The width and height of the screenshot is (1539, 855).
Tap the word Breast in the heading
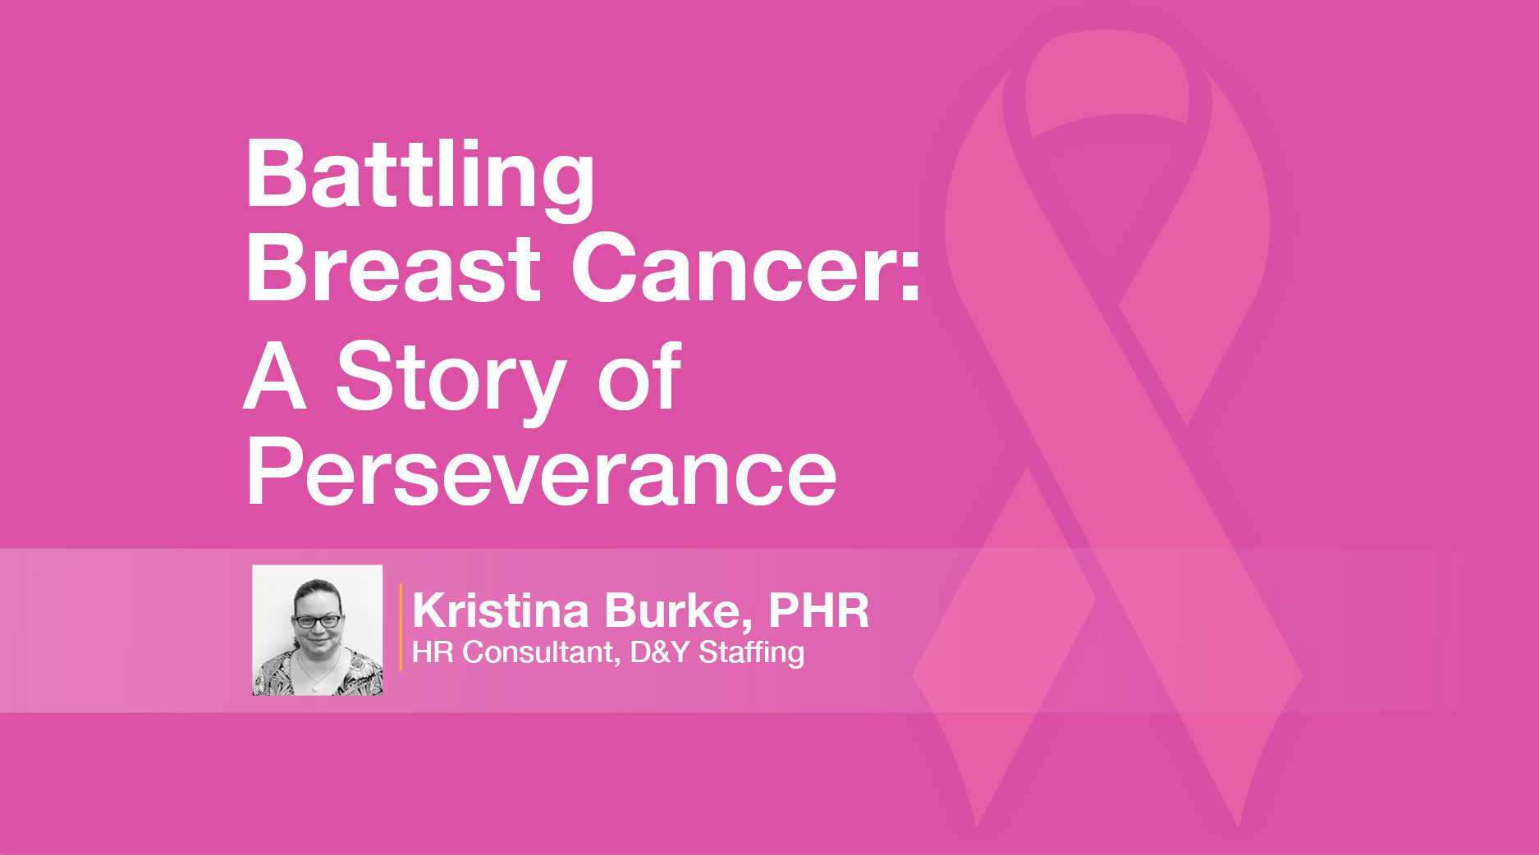(393, 268)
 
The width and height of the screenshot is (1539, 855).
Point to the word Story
(451, 380)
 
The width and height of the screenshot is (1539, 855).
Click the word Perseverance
(541, 472)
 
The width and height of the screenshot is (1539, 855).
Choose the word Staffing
(751, 653)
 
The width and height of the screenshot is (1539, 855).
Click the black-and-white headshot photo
(318, 630)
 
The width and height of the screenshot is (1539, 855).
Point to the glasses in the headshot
(317, 620)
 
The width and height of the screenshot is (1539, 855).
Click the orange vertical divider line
(401, 627)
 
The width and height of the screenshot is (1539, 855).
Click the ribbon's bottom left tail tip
(977, 825)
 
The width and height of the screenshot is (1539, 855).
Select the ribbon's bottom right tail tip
(1237, 825)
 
